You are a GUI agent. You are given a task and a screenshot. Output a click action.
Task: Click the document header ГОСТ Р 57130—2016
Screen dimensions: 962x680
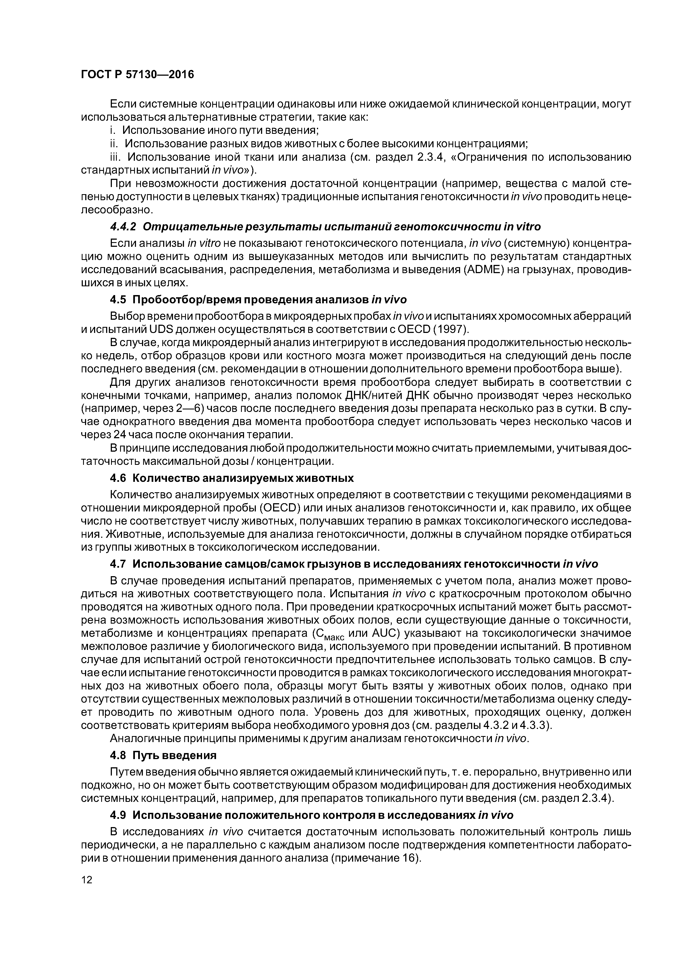137,75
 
